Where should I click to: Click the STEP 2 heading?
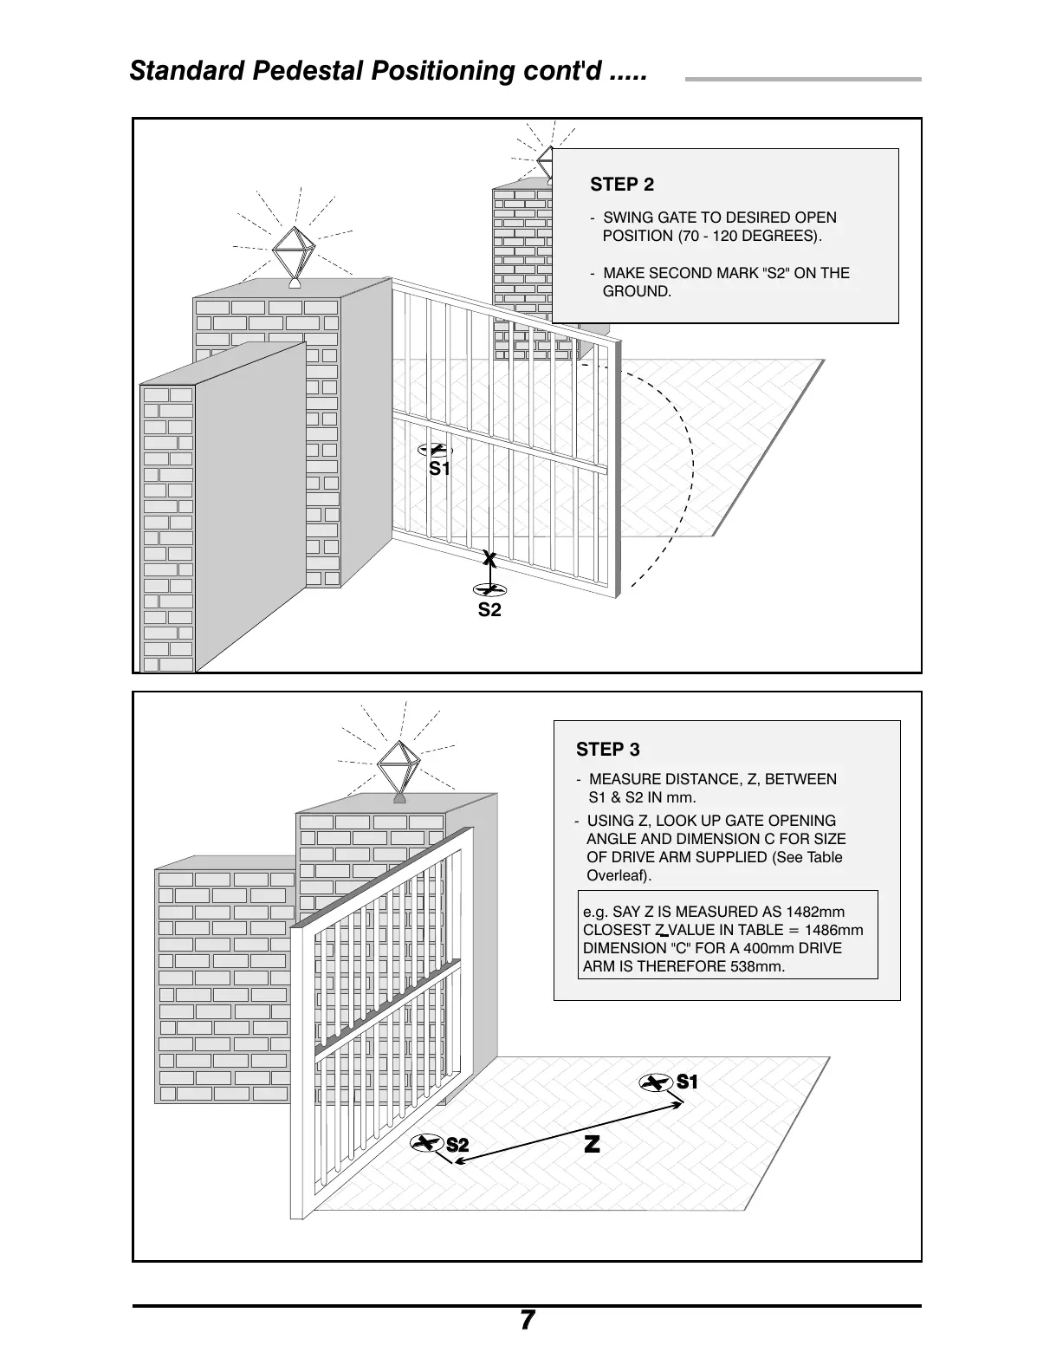pos(622,185)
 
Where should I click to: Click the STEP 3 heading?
pos(608,750)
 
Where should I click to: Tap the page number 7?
pos(528,1320)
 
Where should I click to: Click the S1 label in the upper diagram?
pos(440,469)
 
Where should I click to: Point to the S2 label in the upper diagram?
pos(489,610)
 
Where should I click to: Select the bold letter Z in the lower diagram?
pos(592,1145)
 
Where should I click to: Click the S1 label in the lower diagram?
pos(687,1082)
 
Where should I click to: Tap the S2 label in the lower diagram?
pos(457,1146)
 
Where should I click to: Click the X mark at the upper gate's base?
pos(489,560)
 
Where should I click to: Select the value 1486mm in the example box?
pos(833,930)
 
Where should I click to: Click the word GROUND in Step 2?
pos(636,291)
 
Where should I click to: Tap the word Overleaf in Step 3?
pos(618,875)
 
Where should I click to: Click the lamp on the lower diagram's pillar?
pos(399,766)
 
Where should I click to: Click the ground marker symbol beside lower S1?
pos(656,1083)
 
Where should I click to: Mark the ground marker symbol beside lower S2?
pos(426,1144)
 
